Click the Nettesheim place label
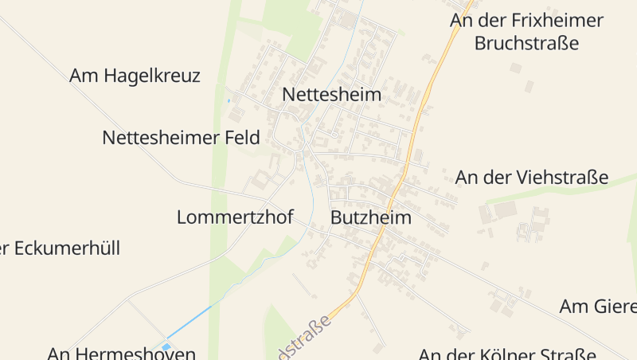tap(331, 95)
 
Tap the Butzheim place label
tap(370, 217)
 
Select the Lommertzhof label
tap(235, 217)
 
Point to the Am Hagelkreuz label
tap(135, 76)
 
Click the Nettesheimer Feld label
tap(181, 138)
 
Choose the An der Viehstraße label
tap(531, 178)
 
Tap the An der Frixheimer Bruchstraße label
tap(526, 32)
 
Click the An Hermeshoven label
tap(121, 353)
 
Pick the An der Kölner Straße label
tap(507, 354)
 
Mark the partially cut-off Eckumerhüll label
tap(60, 248)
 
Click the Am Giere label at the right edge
tap(597, 307)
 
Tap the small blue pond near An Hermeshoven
tap(166, 346)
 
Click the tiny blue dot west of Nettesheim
tap(229, 100)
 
